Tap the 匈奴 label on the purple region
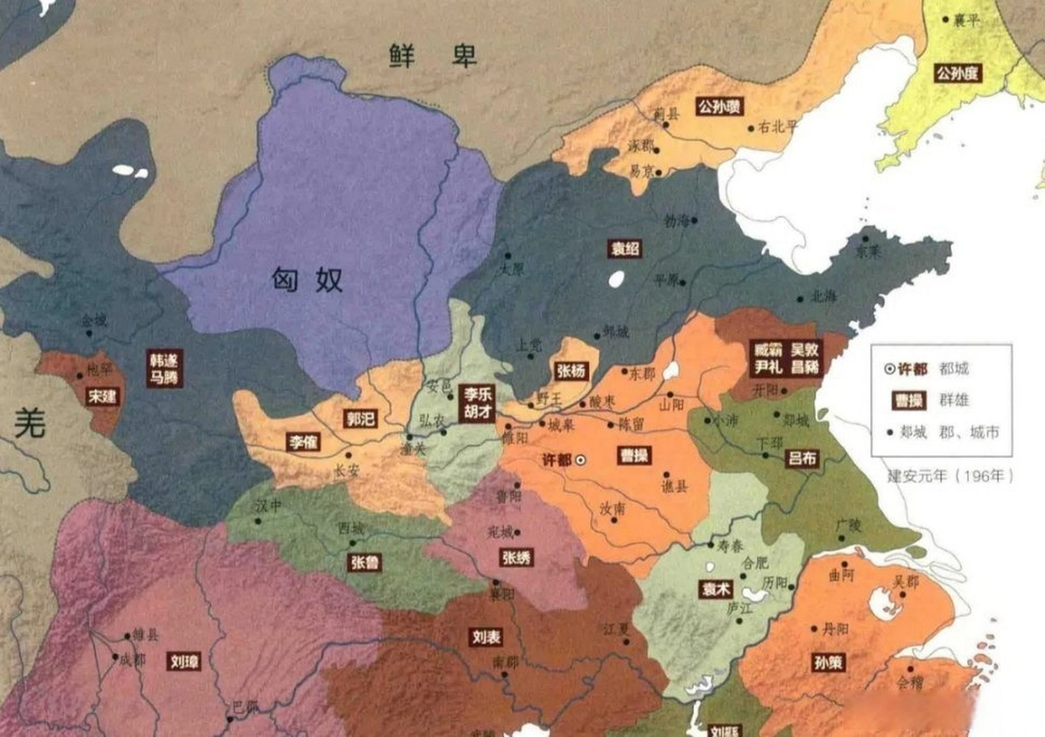tap(307, 280)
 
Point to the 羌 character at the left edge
tap(29, 423)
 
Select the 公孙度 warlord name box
tap(957, 74)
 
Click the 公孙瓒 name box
tap(720, 107)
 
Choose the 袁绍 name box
tap(625, 249)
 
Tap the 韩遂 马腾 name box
tap(165, 368)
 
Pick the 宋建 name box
tap(102, 396)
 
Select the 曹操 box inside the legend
tap(909, 400)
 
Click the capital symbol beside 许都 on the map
tap(582, 460)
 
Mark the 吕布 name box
tap(802, 458)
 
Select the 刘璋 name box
tap(184, 662)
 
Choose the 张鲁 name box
tap(365, 562)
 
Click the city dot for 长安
tap(348, 455)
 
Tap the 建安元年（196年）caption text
tap(950, 476)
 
